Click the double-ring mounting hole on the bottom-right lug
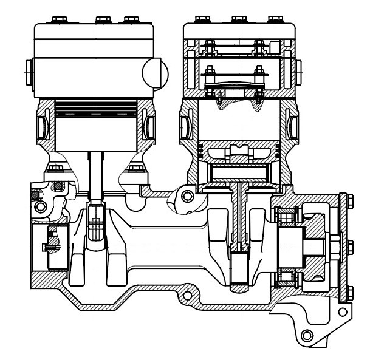[306, 335]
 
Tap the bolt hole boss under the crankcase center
[187, 296]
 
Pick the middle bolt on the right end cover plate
[350, 246]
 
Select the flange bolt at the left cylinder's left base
[57, 168]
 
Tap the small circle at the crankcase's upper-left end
[41, 207]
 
